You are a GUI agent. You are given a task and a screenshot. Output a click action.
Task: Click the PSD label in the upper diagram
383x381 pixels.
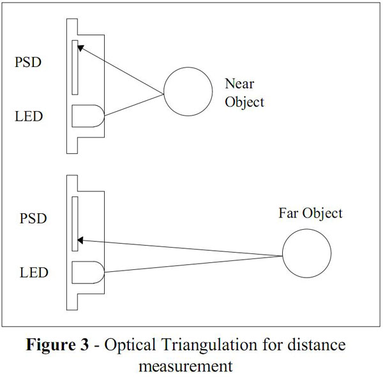pos(30,63)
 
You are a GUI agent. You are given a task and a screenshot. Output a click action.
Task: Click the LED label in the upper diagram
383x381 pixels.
pos(30,117)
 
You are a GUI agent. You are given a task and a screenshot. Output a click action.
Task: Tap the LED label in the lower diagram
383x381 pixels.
pos(33,273)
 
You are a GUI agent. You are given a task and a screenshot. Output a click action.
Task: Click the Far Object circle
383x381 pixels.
pos(307,255)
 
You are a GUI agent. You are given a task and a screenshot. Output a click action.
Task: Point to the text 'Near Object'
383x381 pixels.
pos(244,93)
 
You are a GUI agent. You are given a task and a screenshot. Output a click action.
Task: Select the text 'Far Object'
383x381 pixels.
pos(310,213)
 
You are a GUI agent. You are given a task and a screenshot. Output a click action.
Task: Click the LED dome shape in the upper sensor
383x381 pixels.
pos(87,117)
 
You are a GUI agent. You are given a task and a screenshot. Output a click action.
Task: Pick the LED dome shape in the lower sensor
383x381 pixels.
pos(87,273)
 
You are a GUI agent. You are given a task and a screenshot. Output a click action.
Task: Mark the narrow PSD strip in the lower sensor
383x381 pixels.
pos(75,223)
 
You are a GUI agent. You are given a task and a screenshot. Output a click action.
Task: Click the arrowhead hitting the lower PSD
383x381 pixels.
pos(82,241)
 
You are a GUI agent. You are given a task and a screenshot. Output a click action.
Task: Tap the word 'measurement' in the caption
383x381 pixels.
pos(186,367)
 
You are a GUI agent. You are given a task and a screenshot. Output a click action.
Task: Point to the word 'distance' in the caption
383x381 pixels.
pos(319,345)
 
